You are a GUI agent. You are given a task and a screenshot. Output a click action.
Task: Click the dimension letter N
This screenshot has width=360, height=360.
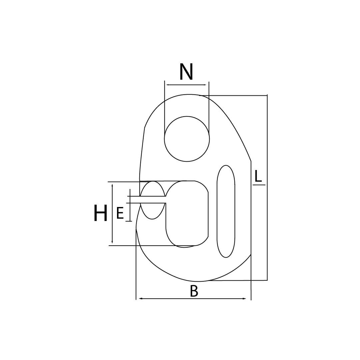(x=186, y=72)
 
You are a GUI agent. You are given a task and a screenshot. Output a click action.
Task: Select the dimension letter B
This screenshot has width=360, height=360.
(x=194, y=291)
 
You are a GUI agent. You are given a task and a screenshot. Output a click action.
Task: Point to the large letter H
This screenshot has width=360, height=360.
(x=101, y=213)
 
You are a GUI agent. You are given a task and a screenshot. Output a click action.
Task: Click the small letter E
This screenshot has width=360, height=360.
(x=120, y=213)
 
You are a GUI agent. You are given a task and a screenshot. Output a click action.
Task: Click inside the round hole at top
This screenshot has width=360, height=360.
(x=187, y=139)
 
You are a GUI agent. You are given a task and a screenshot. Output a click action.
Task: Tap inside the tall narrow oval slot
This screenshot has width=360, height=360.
(x=226, y=211)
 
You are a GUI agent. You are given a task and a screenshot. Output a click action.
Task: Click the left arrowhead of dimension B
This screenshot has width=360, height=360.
(x=141, y=299)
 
